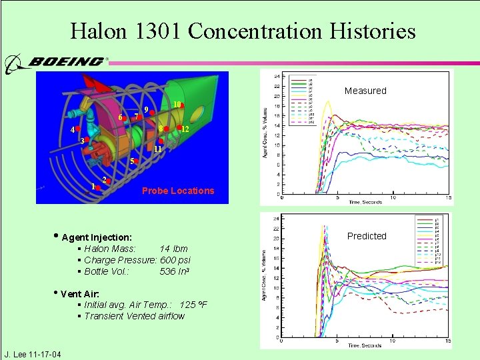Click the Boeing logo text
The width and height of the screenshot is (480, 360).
(65, 61)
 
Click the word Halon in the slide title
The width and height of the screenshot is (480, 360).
(95, 31)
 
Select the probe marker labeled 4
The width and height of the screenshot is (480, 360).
(78, 128)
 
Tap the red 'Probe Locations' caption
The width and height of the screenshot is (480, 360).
(178, 191)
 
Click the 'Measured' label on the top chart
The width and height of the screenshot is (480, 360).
(365, 91)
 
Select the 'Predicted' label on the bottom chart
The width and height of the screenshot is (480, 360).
(366, 236)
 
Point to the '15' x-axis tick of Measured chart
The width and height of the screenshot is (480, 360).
(449, 198)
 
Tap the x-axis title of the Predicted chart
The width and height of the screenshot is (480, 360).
(365, 345)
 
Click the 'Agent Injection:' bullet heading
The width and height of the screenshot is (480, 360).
(96, 237)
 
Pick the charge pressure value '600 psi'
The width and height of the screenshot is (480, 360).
(175, 260)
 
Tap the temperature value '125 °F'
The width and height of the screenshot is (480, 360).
(193, 305)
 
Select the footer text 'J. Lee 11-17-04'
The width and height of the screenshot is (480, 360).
(33, 354)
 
